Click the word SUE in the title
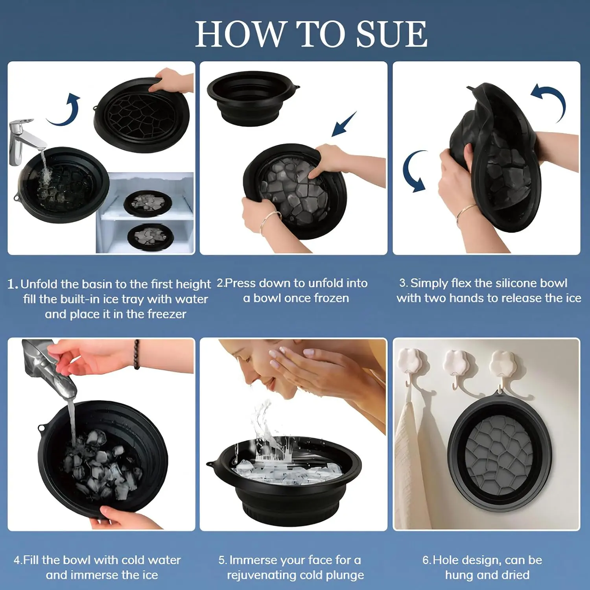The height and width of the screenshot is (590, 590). point(392,34)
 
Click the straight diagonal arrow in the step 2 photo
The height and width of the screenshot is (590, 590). point(344,124)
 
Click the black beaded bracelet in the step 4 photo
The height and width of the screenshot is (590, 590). point(136,354)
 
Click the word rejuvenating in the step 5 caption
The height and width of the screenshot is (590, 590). point(265,575)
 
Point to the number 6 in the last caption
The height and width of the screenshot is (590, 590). point(426,560)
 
